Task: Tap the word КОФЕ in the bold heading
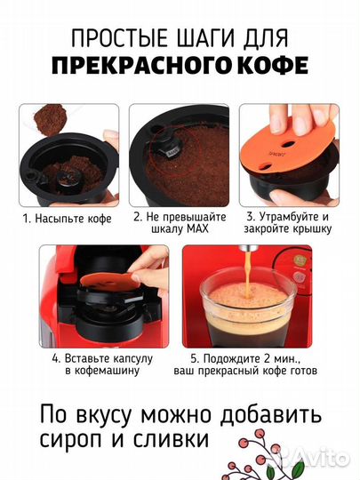[265, 67]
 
